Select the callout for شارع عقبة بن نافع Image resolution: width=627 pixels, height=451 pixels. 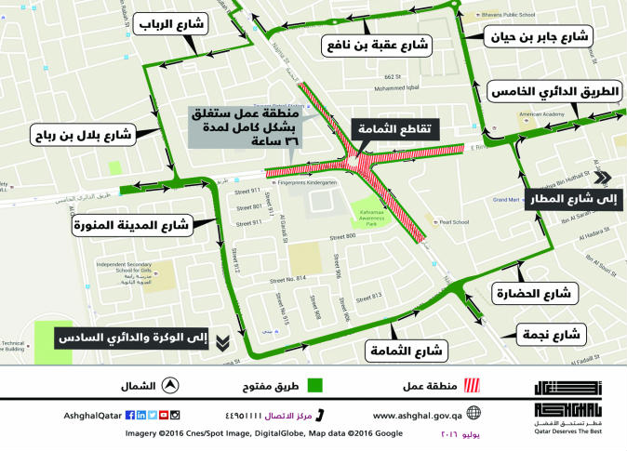[376, 44]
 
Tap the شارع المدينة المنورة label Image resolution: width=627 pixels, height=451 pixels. [130, 223]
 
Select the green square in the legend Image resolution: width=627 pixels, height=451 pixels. [315, 385]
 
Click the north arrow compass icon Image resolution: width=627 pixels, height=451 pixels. [171, 385]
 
